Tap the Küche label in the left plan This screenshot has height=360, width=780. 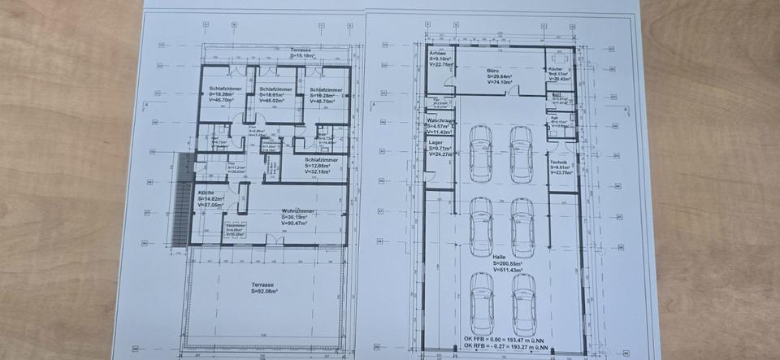(206, 193)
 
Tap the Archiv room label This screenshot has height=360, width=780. (437, 53)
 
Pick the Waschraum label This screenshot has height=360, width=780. (439, 119)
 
